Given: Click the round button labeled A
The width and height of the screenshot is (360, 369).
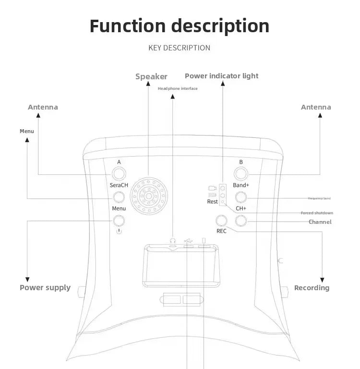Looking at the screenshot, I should pyautogui.click(x=119, y=173).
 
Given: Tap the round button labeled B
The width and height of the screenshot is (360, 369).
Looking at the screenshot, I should pyautogui.click(x=241, y=173).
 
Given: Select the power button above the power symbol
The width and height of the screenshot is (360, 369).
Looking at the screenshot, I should pyautogui.click(x=119, y=221).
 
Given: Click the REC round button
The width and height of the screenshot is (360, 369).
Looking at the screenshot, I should pyautogui.click(x=221, y=221).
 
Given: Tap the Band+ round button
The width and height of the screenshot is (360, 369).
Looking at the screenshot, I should pyautogui.click(x=241, y=197).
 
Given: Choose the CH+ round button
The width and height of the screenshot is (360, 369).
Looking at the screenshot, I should pyautogui.click(x=241, y=221).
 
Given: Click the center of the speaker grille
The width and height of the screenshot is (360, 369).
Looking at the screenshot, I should pyautogui.click(x=149, y=197).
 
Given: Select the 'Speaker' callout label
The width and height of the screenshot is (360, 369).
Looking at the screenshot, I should pyautogui.click(x=151, y=76).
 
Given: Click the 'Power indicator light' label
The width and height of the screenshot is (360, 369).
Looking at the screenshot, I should pyautogui.click(x=221, y=76).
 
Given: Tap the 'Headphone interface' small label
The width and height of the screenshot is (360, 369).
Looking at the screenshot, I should pyautogui.click(x=178, y=88).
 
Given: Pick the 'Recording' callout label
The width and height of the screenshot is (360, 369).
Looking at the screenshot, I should pyautogui.click(x=312, y=288).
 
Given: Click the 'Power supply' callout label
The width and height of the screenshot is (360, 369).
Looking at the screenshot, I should pyautogui.click(x=45, y=288).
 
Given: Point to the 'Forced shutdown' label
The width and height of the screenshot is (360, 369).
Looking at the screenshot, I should pyautogui.click(x=317, y=213).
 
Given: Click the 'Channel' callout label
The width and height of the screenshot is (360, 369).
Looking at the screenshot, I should pyautogui.click(x=320, y=222).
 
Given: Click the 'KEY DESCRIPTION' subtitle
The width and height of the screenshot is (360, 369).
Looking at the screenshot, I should pyautogui.click(x=180, y=48).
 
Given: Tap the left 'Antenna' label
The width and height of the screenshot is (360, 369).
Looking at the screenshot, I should pyautogui.click(x=43, y=107).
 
